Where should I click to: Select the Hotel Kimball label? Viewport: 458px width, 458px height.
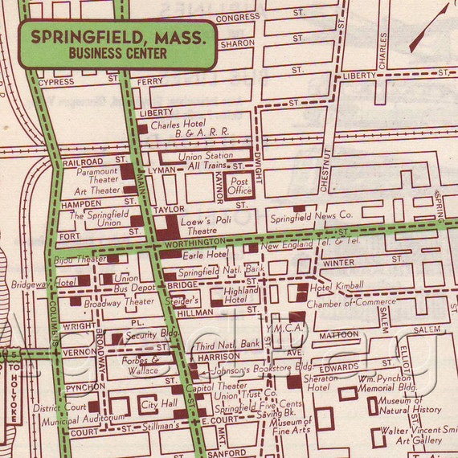337,285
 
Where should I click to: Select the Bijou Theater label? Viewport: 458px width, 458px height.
80,260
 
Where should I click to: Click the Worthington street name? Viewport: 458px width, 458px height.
194,242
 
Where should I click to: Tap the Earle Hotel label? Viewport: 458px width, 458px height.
205,255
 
